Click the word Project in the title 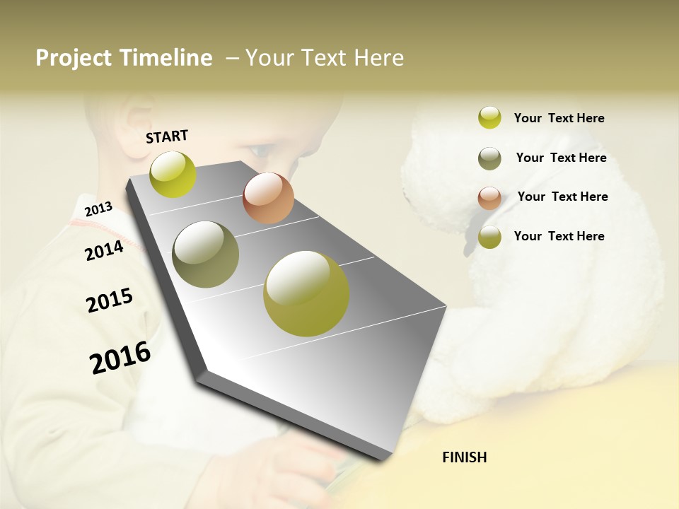click(x=74, y=58)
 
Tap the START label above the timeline click(x=167, y=136)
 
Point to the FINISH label click(x=464, y=457)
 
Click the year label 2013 click(x=98, y=209)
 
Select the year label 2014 click(x=104, y=250)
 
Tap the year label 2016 click(x=120, y=357)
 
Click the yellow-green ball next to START click(x=173, y=175)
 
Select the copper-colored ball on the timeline click(x=268, y=198)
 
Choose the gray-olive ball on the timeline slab click(x=206, y=255)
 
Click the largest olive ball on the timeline click(x=306, y=293)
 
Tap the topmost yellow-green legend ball click(x=489, y=117)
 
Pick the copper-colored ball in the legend click(x=489, y=198)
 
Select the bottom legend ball click(x=489, y=238)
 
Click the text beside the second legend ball click(x=561, y=158)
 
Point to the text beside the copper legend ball click(x=562, y=197)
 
